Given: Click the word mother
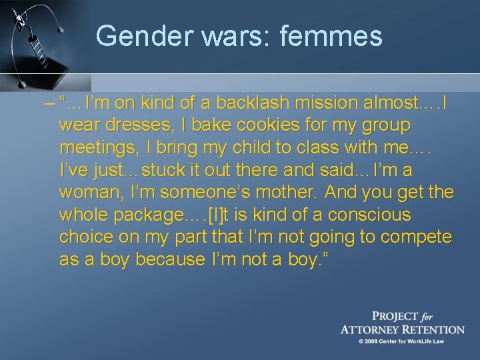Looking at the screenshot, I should tap(287, 193).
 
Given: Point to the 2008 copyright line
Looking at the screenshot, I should tap(401, 341).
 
